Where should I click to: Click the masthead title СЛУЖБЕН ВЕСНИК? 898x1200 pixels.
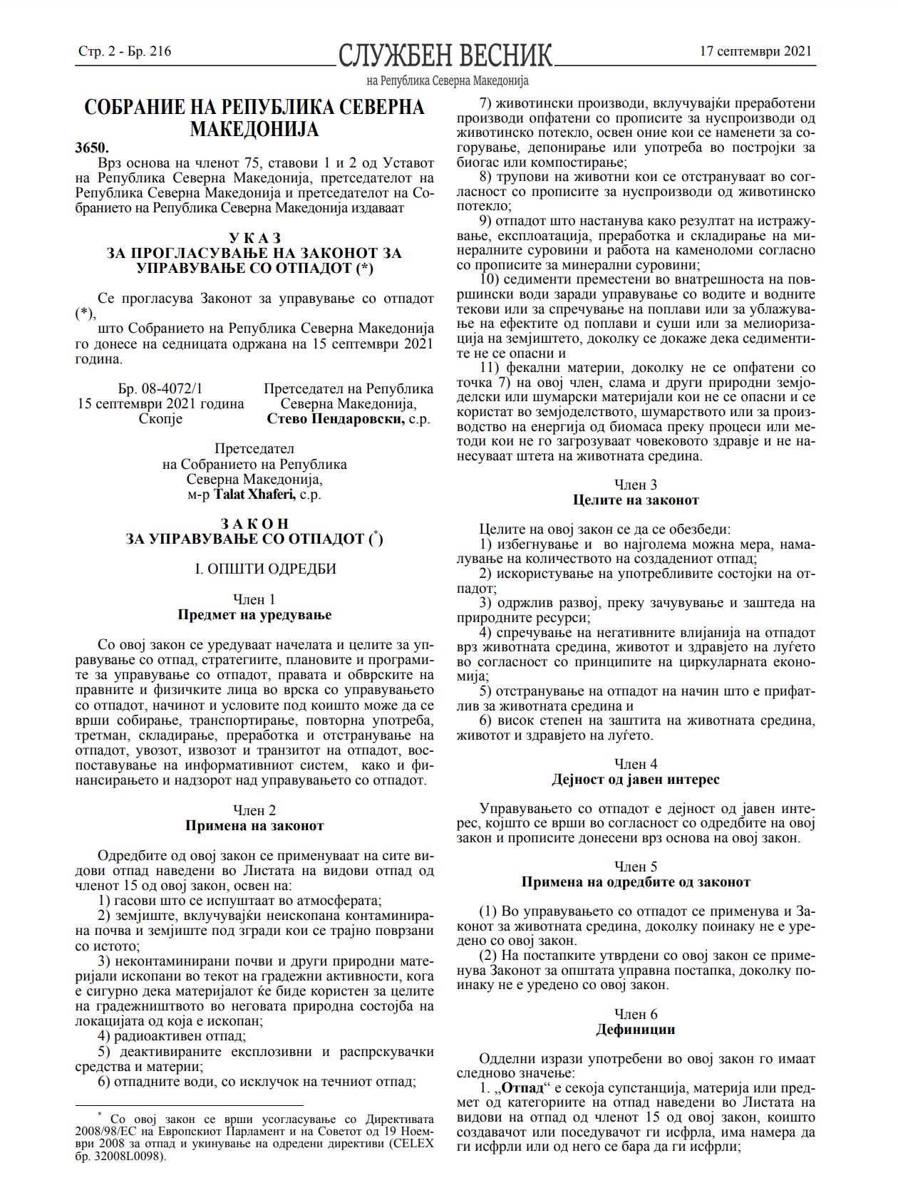coord(445,56)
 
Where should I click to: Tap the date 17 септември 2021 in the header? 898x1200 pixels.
coord(756,51)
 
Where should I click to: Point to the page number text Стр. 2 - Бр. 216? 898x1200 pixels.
coord(125,51)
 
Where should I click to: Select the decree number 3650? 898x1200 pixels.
coord(92,148)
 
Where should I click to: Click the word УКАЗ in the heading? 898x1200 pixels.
coord(254,237)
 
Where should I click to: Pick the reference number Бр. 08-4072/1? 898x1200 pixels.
coord(160,388)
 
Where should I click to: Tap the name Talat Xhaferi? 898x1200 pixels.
coord(254,494)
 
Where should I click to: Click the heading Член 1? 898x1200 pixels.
coord(254,599)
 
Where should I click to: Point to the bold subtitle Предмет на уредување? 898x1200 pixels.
coord(254,614)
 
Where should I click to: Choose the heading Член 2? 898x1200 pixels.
coord(254,810)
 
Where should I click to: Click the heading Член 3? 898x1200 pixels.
coord(636,485)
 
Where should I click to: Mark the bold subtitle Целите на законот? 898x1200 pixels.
coord(636,500)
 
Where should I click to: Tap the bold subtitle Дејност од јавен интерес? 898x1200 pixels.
coord(636,780)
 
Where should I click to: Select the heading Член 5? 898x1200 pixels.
coord(636,867)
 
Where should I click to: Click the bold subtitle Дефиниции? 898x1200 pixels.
coord(636,1030)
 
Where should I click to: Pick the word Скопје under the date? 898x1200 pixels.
coord(160,418)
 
